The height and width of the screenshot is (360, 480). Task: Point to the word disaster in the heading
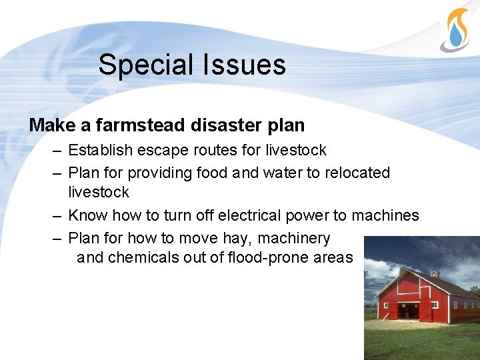click(230, 125)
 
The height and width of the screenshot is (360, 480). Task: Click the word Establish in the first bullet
click(102, 150)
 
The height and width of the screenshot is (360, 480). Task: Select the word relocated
click(357, 173)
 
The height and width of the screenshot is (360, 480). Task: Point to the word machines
click(385, 215)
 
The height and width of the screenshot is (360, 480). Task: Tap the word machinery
click(293, 238)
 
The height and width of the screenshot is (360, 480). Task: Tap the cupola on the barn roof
click(435, 273)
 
